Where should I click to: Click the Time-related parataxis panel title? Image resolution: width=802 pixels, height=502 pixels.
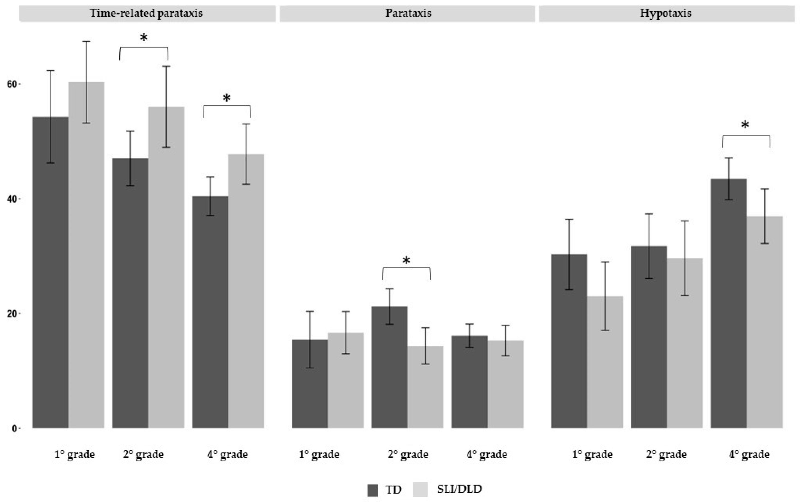point(146,13)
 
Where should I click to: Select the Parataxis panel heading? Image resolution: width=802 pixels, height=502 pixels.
point(408,13)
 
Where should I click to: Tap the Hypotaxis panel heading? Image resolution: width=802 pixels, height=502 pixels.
point(666,13)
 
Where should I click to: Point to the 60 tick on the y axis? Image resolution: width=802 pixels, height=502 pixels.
point(12,84)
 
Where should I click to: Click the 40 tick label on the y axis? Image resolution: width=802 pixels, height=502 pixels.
point(12,199)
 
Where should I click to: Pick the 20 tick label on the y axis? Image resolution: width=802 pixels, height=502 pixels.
point(12,314)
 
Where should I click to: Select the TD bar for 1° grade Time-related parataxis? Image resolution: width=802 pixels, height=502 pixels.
point(50,272)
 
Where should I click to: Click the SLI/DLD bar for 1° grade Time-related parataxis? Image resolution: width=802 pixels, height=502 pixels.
point(87,256)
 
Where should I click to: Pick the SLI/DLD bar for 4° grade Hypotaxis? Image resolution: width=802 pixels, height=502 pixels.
point(764,322)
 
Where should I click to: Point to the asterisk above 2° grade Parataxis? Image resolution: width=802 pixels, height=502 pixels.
point(406,261)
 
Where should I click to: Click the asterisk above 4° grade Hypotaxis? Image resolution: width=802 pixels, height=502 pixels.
point(745,125)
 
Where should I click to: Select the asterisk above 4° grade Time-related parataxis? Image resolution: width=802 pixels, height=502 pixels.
point(226,98)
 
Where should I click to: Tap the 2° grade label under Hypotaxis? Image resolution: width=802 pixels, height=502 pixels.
point(666,454)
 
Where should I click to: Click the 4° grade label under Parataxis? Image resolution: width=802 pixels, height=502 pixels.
point(487,454)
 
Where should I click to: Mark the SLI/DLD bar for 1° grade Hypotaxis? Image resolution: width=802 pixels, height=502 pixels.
point(605,362)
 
